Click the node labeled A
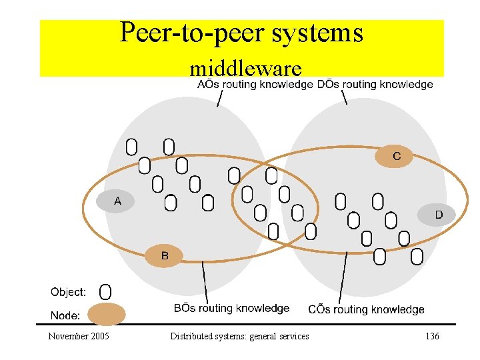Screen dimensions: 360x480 117,201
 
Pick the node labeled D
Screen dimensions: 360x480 437,215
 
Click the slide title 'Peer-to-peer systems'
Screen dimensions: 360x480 241,33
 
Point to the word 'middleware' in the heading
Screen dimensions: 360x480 245,68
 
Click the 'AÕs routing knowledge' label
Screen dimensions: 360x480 255,85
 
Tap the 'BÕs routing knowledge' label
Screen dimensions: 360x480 231,308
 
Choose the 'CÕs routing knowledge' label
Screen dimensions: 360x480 366,309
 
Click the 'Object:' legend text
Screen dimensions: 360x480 68,292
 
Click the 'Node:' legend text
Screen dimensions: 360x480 65,315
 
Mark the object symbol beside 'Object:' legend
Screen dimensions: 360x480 105,291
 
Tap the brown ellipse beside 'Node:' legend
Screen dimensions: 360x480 107,313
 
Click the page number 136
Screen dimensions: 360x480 432,337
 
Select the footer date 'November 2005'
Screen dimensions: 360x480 79,337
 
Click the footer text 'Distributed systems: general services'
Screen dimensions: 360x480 239,337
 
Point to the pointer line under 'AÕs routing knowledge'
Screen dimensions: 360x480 219,98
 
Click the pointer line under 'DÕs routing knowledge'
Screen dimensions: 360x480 344,97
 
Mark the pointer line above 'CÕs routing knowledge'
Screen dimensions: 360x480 343,277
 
